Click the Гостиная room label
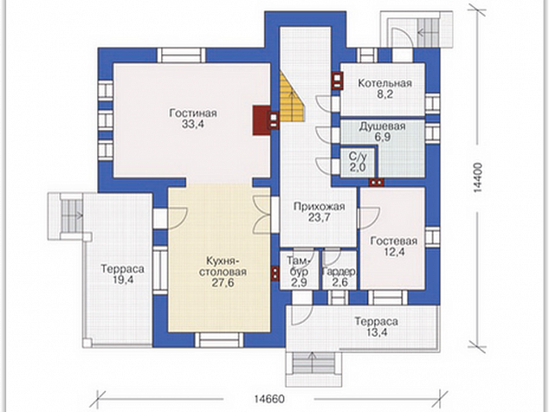193,113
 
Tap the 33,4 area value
193,125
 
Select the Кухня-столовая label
223,267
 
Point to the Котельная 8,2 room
383,89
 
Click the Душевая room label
382,126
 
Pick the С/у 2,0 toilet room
358,163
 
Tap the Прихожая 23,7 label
319,212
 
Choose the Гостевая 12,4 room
393,239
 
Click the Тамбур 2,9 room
299,269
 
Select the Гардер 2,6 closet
339,269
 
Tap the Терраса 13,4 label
377,326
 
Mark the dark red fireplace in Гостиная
261,120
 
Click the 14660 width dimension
269,399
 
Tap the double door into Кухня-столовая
262,215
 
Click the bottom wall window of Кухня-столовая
219,339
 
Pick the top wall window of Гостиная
181,55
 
